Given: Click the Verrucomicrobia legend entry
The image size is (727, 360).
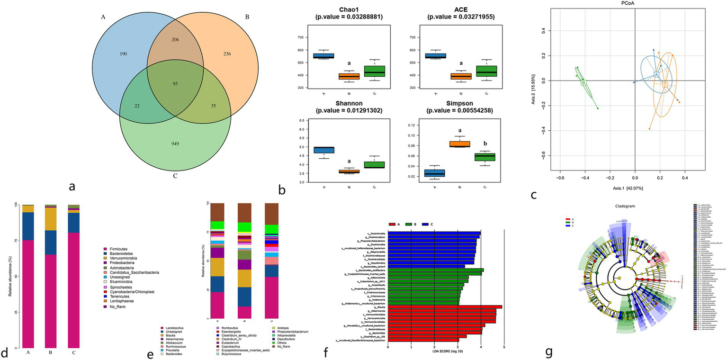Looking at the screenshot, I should (126, 260).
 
